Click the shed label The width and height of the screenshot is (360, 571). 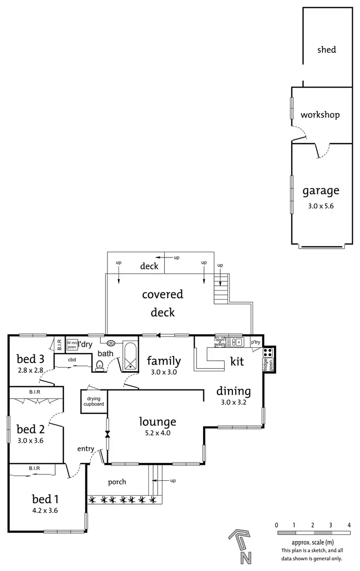(326, 49)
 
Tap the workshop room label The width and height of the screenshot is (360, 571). (320, 115)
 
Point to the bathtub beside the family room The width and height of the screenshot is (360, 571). (130, 355)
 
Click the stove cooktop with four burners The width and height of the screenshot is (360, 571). (268, 352)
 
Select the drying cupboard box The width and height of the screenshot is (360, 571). (94, 401)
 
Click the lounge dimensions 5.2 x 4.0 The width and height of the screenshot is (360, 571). (157, 433)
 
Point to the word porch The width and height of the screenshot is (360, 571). (117, 482)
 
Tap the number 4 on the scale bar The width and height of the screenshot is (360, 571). (349, 524)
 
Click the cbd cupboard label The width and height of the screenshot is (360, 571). (72, 359)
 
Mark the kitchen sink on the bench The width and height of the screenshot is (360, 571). (237, 342)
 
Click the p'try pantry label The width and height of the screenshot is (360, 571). (255, 342)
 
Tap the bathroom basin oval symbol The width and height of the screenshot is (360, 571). (111, 343)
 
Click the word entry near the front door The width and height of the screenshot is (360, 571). (86, 449)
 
